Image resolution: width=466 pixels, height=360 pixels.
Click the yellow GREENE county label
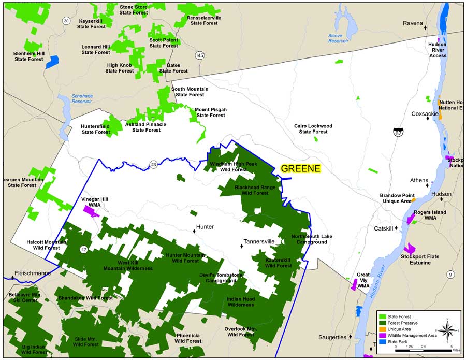[x=301, y=168]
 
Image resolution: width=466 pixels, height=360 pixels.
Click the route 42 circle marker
[x=83, y=250]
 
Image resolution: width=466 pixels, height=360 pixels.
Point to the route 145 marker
[x=200, y=55]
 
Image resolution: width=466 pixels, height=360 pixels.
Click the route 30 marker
[x=66, y=21]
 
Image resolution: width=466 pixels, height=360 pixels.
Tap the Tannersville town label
[x=259, y=241]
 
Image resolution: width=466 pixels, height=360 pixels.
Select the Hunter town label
[x=205, y=227]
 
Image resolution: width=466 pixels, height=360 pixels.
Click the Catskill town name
[x=384, y=228]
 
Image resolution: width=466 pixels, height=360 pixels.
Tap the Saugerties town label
[x=332, y=337]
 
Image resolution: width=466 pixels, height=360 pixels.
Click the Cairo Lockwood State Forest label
[x=313, y=128]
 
